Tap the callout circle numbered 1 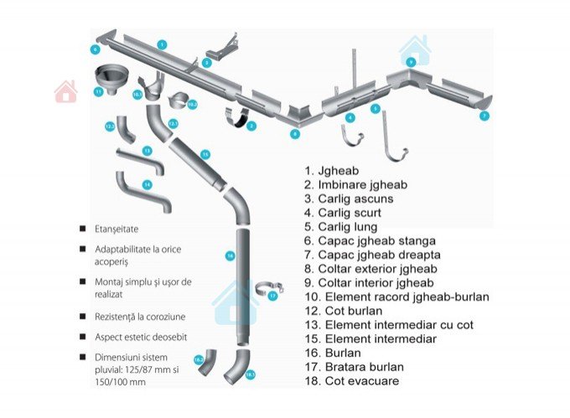click(162, 44)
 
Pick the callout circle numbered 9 click(411, 62)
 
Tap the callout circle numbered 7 click(484, 116)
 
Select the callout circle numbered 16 click(230, 255)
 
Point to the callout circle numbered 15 click(205, 154)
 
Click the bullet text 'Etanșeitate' click(117, 228)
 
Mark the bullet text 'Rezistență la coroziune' click(140, 317)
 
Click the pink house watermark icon click(65, 91)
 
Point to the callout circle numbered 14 click(147, 183)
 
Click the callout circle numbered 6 click(96, 50)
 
